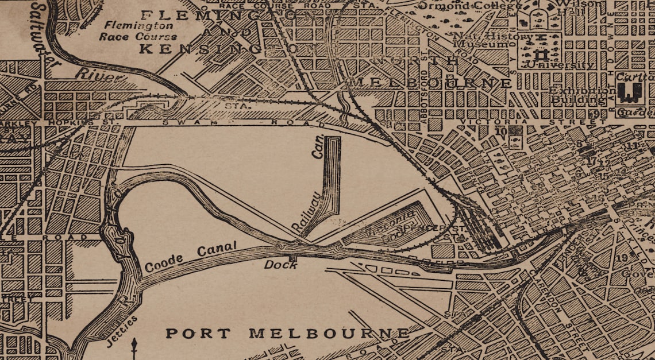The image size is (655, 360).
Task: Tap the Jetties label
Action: [x=122, y=331]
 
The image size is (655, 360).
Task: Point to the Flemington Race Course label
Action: [x=137, y=31]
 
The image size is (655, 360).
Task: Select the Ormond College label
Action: [x=471, y=6]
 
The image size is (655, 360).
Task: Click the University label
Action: [x=560, y=65]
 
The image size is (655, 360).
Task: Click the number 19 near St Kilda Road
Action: [x=622, y=258]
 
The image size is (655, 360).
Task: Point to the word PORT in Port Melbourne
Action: [x=190, y=333]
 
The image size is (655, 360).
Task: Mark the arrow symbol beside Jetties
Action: [x=134, y=348]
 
